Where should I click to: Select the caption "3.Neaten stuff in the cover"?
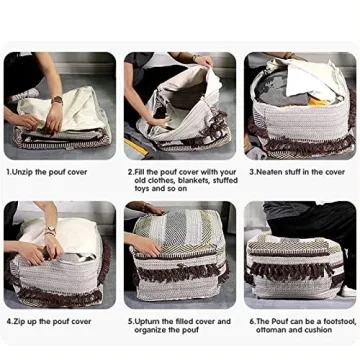pyautogui.click(x=297, y=171)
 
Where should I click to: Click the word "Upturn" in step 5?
pyautogui.click(x=151, y=321)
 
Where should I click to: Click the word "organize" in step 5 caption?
pyautogui.click(x=151, y=328)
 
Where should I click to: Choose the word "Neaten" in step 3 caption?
pyautogui.click(x=269, y=171)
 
